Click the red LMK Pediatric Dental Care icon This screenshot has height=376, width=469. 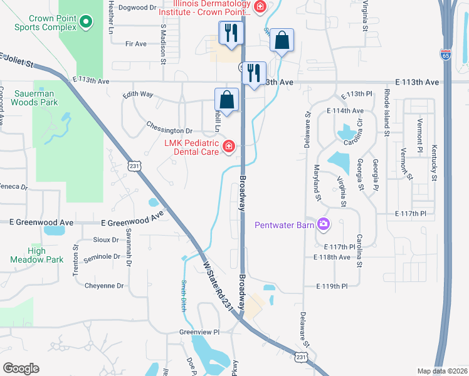[x=229, y=147]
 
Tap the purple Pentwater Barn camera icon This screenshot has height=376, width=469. [x=324, y=224]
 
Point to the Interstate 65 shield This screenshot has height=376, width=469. [x=446, y=55]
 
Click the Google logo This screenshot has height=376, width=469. [x=21, y=368]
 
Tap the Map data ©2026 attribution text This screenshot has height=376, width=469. [x=442, y=371]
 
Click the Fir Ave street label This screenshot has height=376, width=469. [x=136, y=44]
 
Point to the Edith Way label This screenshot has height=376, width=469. [x=138, y=94]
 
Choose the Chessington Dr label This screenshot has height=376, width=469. [x=169, y=130]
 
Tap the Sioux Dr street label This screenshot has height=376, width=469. [x=105, y=239]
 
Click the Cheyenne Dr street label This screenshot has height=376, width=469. [x=104, y=286]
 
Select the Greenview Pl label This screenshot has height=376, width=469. [x=200, y=332]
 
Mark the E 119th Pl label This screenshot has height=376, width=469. [x=331, y=286]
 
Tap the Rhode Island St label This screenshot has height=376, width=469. [x=387, y=113]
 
